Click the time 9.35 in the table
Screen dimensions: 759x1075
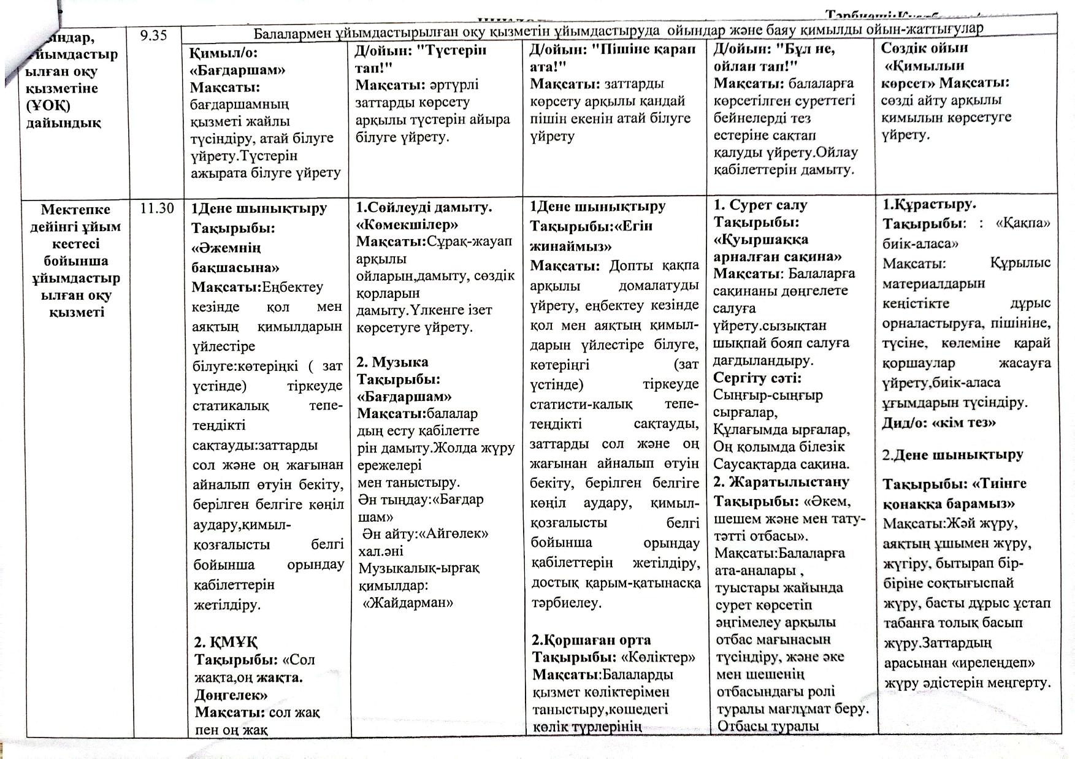tap(153, 35)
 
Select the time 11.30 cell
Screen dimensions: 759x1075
tap(157, 208)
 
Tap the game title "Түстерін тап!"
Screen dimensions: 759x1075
tap(420, 58)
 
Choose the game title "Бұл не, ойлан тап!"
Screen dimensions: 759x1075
tap(775, 56)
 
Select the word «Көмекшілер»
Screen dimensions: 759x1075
tap(407, 224)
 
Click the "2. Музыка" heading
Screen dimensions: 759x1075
tap(392, 362)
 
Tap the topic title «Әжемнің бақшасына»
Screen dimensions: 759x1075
tap(235, 257)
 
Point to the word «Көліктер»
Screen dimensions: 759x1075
tap(659, 657)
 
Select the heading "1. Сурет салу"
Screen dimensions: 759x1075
tap(760, 205)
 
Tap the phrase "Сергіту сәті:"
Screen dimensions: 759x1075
tap(757, 378)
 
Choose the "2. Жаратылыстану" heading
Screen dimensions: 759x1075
tap(781, 482)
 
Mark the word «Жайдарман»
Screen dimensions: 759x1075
tap(408, 602)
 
